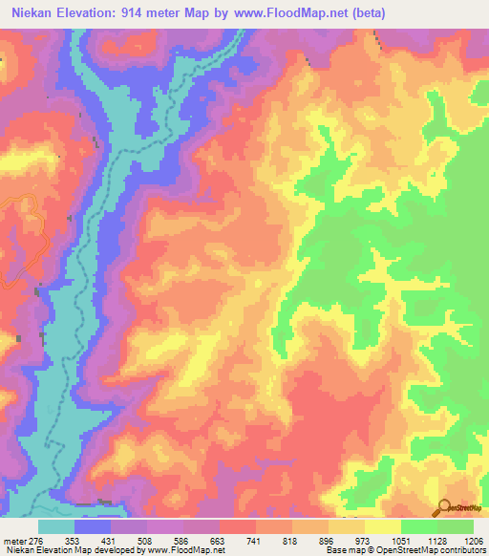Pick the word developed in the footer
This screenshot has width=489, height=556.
pyautogui.click(x=112, y=549)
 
